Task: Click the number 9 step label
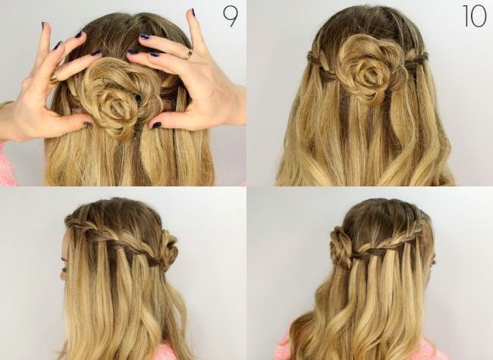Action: click(x=231, y=17)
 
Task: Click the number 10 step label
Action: click(x=475, y=16)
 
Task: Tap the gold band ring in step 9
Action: click(x=188, y=55)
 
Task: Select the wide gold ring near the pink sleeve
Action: click(x=54, y=79)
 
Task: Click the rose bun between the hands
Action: click(x=115, y=97)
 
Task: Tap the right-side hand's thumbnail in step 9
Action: click(x=156, y=125)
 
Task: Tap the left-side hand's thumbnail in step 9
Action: click(x=88, y=124)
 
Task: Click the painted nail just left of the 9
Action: click(x=193, y=13)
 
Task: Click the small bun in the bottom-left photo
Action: click(x=168, y=249)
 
